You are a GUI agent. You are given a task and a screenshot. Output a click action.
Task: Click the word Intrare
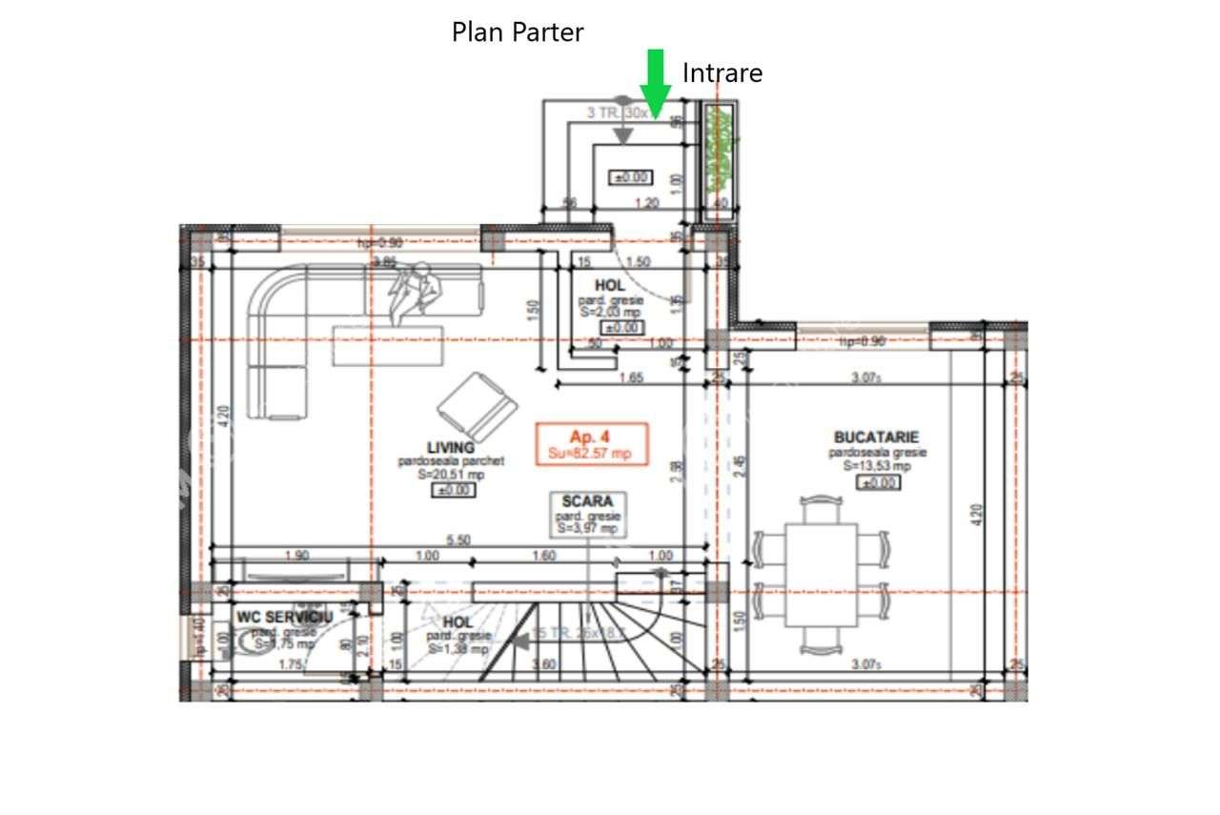click(722, 72)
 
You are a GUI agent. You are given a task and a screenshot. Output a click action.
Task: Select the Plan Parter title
click(517, 32)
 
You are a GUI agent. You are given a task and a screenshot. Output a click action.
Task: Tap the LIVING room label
click(451, 447)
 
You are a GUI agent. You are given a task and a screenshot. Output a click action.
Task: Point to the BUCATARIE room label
click(877, 438)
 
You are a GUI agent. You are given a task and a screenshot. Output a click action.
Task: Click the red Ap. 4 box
click(592, 443)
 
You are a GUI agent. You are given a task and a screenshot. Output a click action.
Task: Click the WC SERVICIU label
click(285, 618)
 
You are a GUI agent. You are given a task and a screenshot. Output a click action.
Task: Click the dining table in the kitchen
click(821, 575)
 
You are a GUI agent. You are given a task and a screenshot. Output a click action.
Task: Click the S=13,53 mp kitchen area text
click(876, 466)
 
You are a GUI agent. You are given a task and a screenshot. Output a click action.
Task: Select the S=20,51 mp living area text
click(451, 474)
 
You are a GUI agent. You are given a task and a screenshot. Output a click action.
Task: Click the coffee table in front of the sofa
click(388, 344)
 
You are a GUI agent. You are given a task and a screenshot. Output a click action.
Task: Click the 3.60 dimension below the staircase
click(543, 665)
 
